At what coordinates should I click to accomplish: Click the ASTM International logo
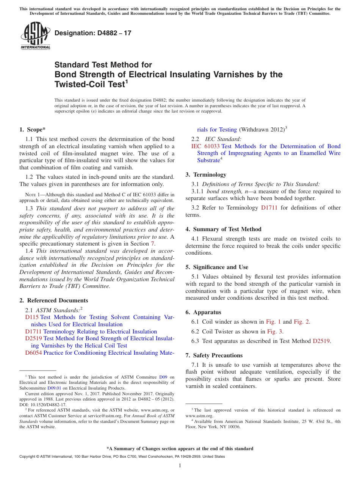35,36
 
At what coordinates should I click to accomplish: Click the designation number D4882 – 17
93,33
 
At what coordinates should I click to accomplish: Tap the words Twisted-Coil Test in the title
89,84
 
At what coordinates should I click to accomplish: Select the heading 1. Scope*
32,130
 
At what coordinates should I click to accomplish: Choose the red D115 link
32,317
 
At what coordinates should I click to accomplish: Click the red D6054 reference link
33,353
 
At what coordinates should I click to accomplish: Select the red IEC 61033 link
205,146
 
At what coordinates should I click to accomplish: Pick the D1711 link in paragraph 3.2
269,208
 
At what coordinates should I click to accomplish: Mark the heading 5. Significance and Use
217,267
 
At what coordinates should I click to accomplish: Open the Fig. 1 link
273,322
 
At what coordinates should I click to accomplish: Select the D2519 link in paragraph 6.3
321,341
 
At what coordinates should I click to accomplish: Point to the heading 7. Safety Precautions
214,355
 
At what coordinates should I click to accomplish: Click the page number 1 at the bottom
180,465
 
